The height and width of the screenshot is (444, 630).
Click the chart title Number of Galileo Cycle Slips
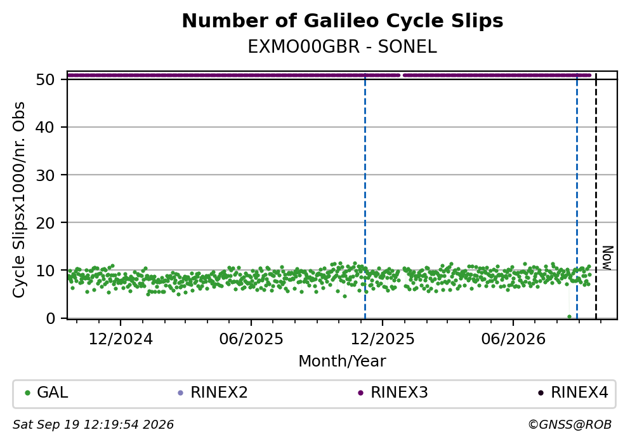(343, 21)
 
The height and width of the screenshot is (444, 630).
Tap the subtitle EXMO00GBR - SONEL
(343, 47)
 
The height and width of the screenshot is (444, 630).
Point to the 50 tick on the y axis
(45, 79)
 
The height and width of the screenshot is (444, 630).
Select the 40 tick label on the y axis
(45, 128)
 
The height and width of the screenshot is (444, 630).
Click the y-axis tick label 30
(45, 175)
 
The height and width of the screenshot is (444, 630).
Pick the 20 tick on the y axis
(45, 223)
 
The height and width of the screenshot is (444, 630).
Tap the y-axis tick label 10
(45, 271)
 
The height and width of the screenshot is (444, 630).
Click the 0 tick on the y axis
(50, 318)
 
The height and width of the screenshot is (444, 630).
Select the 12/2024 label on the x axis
(121, 339)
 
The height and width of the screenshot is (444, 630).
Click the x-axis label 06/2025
(251, 339)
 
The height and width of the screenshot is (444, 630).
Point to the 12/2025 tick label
(383, 339)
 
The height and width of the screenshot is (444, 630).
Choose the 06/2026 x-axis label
(513, 339)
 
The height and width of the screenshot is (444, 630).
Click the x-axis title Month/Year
(343, 361)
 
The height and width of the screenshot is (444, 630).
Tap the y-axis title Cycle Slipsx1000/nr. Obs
(18, 200)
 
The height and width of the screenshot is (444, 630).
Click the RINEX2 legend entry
(213, 393)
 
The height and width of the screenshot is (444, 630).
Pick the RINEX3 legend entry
(393, 393)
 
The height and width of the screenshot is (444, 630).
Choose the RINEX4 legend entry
(574, 393)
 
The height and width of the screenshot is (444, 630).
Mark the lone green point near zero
(569, 316)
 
